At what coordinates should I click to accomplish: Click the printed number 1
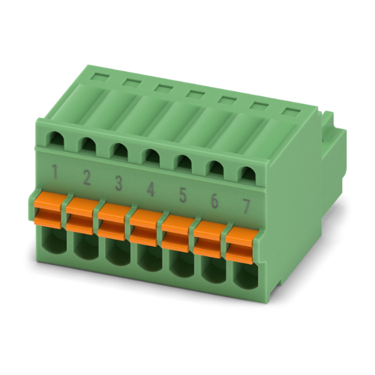click(55, 172)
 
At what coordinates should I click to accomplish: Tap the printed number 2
click(87, 178)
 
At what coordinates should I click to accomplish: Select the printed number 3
click(119, 183)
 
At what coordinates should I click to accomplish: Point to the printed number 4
click(151, 189)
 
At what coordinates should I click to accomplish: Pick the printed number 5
click(182, 196)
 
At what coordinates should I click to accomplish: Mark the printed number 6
click(214, 201)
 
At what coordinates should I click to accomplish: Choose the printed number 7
click(246, 207)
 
